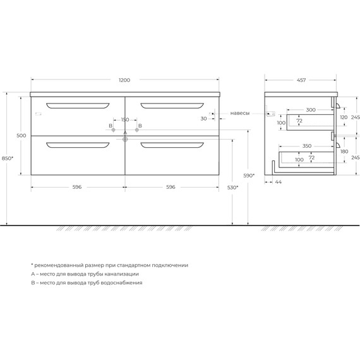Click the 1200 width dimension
click(124, 80)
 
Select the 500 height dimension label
click(21, 135)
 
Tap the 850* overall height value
click(8, 158)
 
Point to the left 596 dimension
click(77, 187)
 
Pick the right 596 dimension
click(171, 187)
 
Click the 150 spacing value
click(125, 119)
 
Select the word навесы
click(239, 113)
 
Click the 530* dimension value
click(232, 188)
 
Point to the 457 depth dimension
click(301, 80)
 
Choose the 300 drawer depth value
click(310, 110)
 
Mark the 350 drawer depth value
click(307, 146)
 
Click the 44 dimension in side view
click(278, 182)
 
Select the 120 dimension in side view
click(344, 117)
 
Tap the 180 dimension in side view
click(344, 152)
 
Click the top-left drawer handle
click(78, 104)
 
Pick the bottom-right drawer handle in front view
click(172, 146)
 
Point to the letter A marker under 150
click(125, 133)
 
